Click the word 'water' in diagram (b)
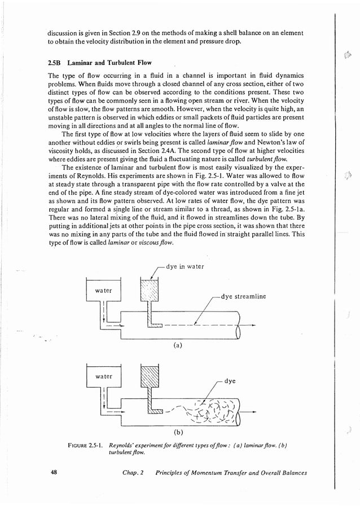pos(103,376)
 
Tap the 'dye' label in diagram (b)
pos(230,381)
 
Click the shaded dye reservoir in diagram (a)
pos(150,292)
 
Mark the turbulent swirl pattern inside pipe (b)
pos(212,410)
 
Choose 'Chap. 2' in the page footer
pos(134,473)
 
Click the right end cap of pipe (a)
pos(238,327)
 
